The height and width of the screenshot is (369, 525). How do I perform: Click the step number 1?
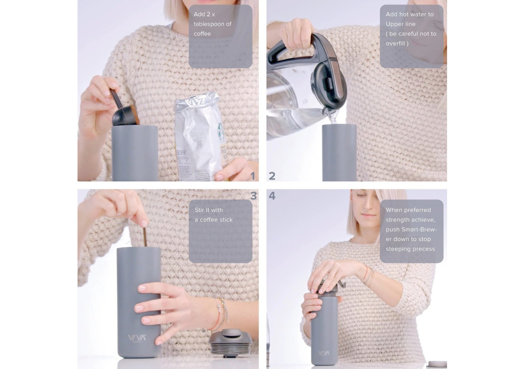(253, 176)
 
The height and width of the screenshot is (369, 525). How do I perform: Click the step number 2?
(272, 176)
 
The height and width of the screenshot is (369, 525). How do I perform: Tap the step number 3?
(253, 196)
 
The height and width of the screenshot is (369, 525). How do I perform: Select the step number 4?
(272, 196)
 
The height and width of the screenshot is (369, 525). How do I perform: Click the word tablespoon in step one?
(212, 24)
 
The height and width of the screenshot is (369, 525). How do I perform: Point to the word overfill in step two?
(395, 43)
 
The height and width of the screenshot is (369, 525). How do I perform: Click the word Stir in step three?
(199, 210)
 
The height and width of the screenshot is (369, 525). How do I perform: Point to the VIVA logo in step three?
(137, 338)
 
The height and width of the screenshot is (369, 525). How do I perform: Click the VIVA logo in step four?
(324, 353)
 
